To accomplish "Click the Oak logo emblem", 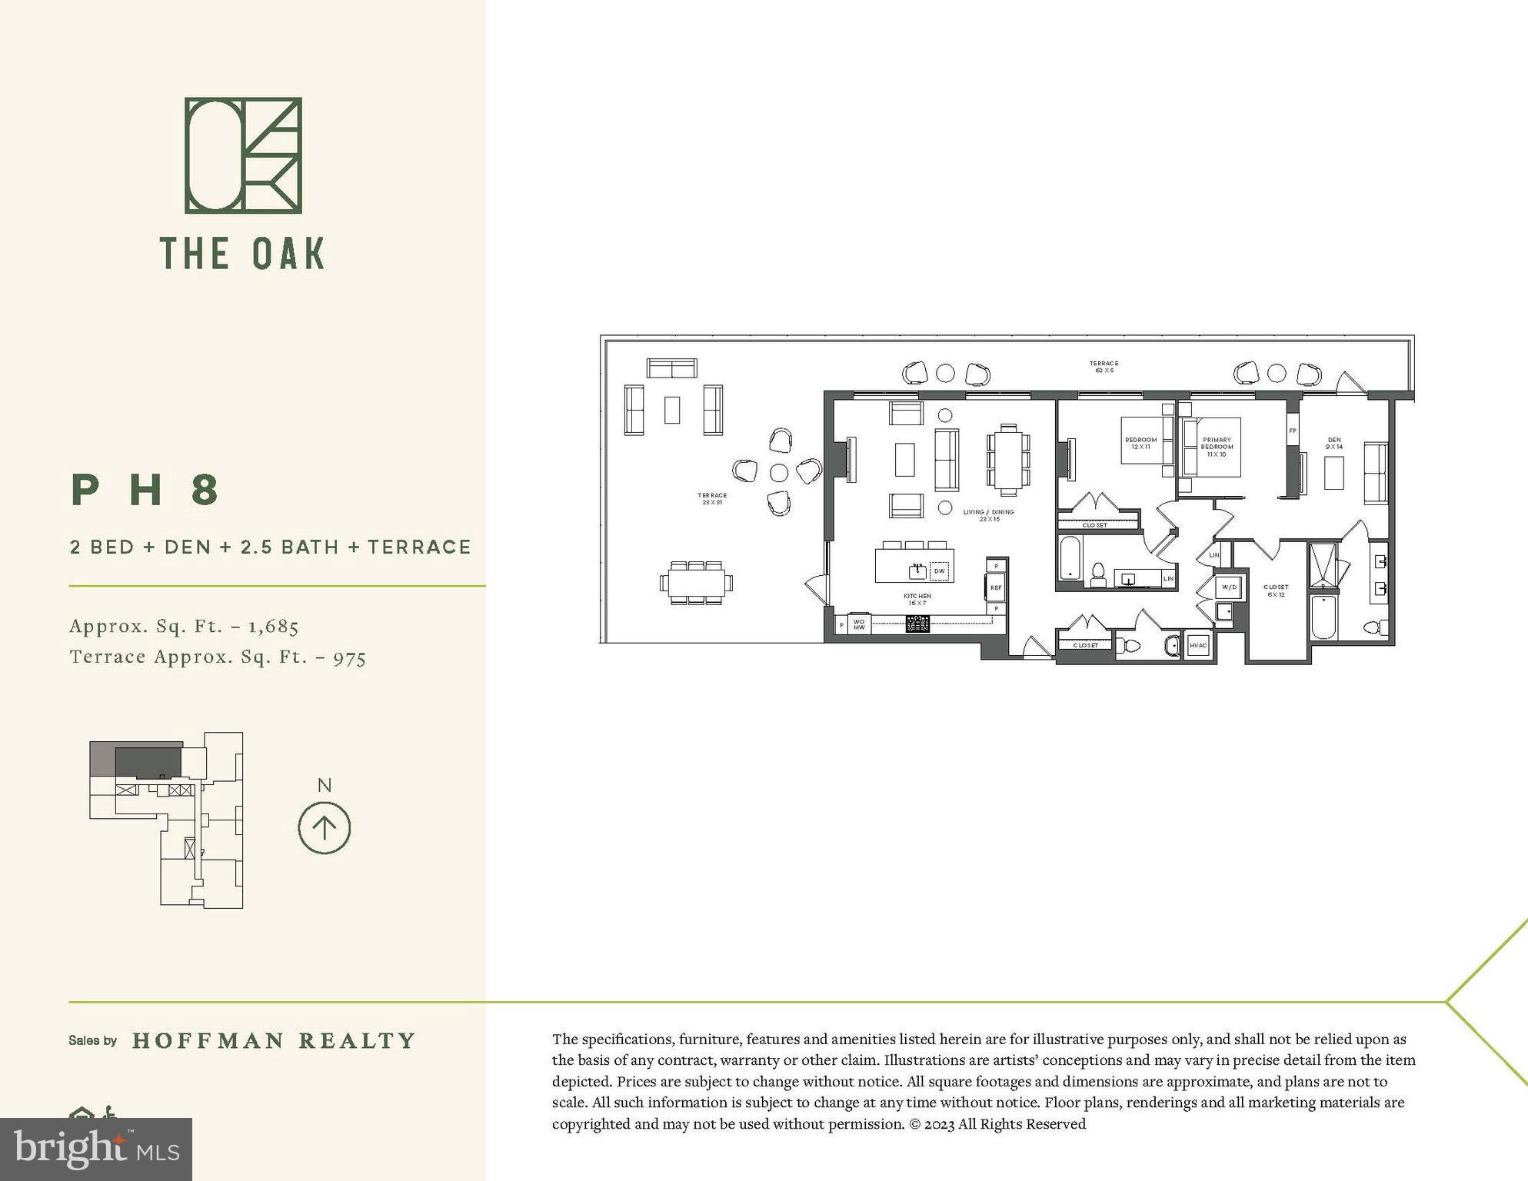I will [243, 155].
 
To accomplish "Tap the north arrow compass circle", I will [324, 828].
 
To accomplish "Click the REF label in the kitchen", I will [996, 588].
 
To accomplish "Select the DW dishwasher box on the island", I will [939, 571].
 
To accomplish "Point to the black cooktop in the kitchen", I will [917, 624].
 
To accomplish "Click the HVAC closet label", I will [1198, 646].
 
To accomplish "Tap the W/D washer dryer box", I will [1229, 587].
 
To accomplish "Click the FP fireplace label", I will [1293, 431].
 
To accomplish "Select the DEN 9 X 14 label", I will [1334, 444].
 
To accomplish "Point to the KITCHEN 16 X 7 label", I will [917, 600].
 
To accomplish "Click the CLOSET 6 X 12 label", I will [1276, 590].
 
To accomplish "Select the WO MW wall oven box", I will [859, 624].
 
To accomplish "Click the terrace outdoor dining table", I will [695, 583].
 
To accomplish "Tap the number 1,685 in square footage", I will [273, 627].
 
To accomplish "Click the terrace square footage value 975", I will [349, 658].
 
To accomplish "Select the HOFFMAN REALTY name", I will [274, 1041].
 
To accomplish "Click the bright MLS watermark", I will [96, 1149].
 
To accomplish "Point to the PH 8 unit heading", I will [146, 491].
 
